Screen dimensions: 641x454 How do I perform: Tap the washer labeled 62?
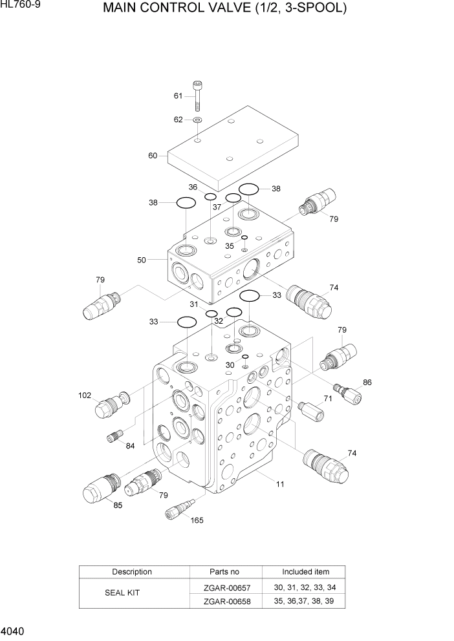pos(197,120)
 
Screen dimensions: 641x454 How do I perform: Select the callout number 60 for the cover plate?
pos(153,156)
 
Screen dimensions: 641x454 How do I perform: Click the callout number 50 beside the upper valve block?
pos(142,260)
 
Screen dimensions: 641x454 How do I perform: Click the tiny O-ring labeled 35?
pos(244,238)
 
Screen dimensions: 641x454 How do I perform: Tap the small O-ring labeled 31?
pos(211,313)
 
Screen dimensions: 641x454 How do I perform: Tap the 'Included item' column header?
pos(305,572)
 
